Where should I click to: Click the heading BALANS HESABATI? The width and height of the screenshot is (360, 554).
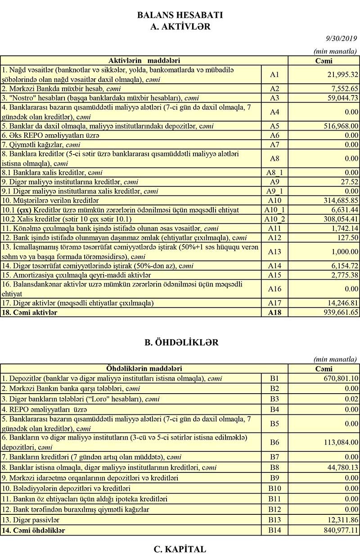[x=180, y=15]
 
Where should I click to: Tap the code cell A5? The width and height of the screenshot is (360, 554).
[x=274, y=126]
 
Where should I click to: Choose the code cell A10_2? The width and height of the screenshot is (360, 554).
[x=274, y=219]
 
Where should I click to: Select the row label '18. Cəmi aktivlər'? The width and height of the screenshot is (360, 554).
[x=29, y=312]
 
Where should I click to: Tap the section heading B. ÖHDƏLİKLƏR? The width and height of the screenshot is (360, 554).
[x=180, y=342]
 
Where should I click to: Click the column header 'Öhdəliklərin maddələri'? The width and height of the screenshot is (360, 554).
[x=144, y=369]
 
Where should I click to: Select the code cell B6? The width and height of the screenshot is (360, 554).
[x=274, y=442]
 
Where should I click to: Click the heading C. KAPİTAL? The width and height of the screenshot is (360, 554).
[x=180, y=549]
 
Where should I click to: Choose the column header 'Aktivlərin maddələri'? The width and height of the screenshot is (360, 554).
[x=144, y=60]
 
